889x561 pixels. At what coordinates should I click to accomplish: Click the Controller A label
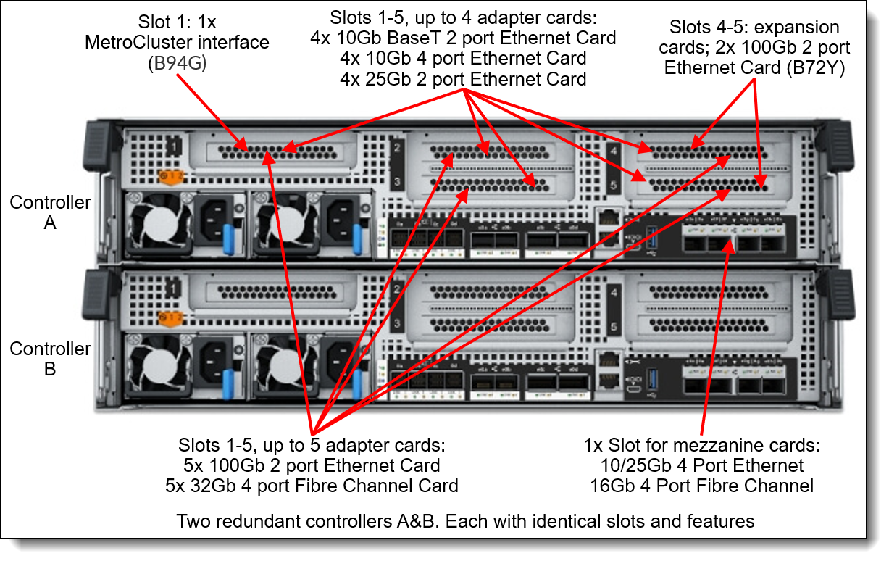coord(50,212)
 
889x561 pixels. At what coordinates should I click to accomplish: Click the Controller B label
coord(50,359)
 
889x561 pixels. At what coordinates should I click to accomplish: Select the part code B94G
coord(178,64)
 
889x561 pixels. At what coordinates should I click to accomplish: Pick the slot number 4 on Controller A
coord(613,152)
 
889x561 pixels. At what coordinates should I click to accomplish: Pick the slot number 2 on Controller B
coord(396,290)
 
